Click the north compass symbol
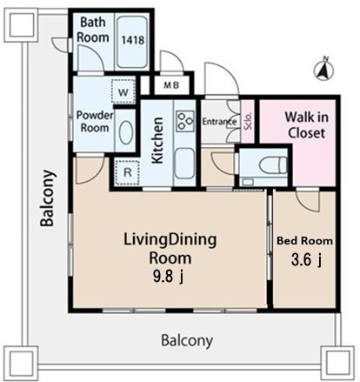pyautogui.click(x=323, y=70)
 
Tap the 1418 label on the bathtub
pyautogui.click(x=133, y=40)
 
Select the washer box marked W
pyautogui.click(x=123, y=91)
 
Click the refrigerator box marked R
pyautogui.click(x=127, y=172)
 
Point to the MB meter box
pyautogui.click(x=171, y=85)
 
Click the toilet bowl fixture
pyautogui.click(x=272, y=165)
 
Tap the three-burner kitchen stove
pyautogui.click(x=185, y=121)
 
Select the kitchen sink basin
pyautogui.click(x=184, y=164)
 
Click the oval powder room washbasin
pyautogui.click(x=126, y=132)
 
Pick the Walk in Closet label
pyautogui.click(x=306, y=125)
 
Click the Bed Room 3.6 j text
pyautogui.click(x=305, y=251)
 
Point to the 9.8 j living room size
pyautogui.click(x=168, y=277)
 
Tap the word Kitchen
pyautogui.click(x=158, y=140)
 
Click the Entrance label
pyautogui.click(x=219, y=122)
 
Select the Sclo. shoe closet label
pyautogui.click(x=248, y=121)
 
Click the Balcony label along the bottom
pyautogui.click(x=187, y=340)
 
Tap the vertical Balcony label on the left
pyautogui.click(x=48, y=198)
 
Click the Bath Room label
pyautogui.click(x=93, y=30)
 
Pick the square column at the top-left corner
pyautogui.click(x=21, y=25)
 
